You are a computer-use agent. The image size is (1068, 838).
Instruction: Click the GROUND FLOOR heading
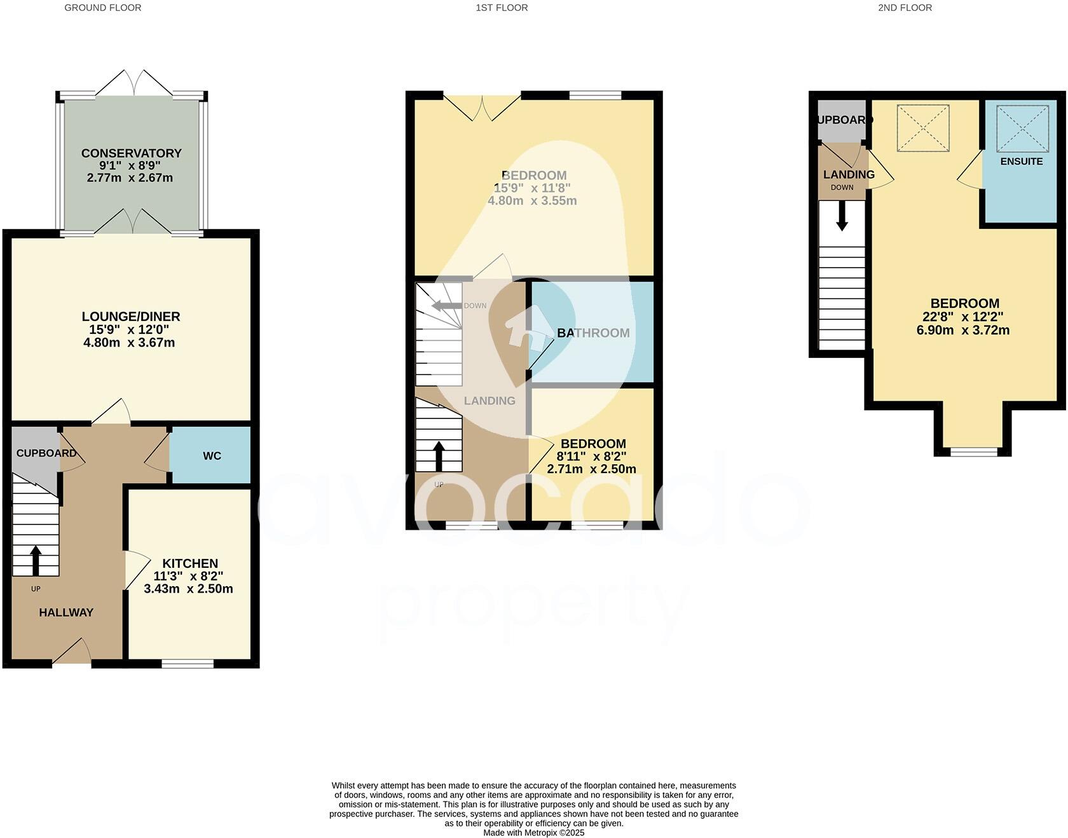click(x=102, y=8)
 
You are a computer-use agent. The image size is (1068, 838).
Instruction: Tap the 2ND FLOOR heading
click(x=905, y=8)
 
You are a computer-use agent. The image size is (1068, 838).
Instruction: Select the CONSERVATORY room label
click(x=131, y=153)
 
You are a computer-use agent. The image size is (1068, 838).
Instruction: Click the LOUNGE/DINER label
click(x=131, y=317)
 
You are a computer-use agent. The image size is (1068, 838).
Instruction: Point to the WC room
click(x=212, y=456)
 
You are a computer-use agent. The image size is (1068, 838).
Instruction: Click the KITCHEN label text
click(x=190, y=563)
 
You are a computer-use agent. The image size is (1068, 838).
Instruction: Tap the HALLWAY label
click(x=66, y=613)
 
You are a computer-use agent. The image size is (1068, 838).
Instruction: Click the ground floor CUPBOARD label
click(x=46, y=453)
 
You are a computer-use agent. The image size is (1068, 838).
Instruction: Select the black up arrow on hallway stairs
click(x=36, y=560)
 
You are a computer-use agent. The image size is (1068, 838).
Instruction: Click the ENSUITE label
click(x=1021, y=161)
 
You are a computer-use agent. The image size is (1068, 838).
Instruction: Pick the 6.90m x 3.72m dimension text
click(x=966, y=330)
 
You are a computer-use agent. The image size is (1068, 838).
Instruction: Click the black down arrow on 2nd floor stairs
click(x=842, y=217)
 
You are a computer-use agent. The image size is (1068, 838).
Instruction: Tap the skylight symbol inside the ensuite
click(x=1022, y=128)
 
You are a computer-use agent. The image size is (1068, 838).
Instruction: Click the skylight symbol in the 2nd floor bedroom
click(x=922, y=128)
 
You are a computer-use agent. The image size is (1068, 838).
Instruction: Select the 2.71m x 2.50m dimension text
click(x=591, y=469)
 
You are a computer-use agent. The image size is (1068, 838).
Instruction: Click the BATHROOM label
click(x=593, y=333)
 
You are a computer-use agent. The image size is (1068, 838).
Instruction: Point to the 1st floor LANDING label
click(x=489, y=401)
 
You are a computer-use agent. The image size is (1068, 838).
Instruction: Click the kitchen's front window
click(x=188, y=664)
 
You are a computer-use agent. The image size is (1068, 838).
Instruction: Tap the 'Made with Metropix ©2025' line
click(x=533, y=832)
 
